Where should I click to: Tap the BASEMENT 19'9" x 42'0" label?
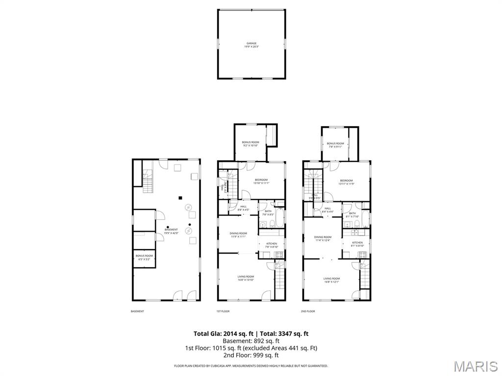(171, 231)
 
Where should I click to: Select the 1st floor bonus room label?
(251, 143)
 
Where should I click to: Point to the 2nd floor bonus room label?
(335, 145)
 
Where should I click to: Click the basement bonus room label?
(144, 257)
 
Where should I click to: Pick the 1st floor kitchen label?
(272, 245)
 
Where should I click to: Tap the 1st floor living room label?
(246, 278)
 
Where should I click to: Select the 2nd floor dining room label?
(323, 238)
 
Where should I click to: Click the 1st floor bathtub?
(279, 218)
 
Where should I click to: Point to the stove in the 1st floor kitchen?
(279, 255)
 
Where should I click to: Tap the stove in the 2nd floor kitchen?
(363, 255)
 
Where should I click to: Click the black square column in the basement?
(180, 198)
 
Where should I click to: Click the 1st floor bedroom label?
(261, 181)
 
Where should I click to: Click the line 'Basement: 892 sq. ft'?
(251, 341)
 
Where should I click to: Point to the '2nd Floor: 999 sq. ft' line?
(251, 355)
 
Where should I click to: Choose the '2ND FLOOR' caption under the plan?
(308, 311)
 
